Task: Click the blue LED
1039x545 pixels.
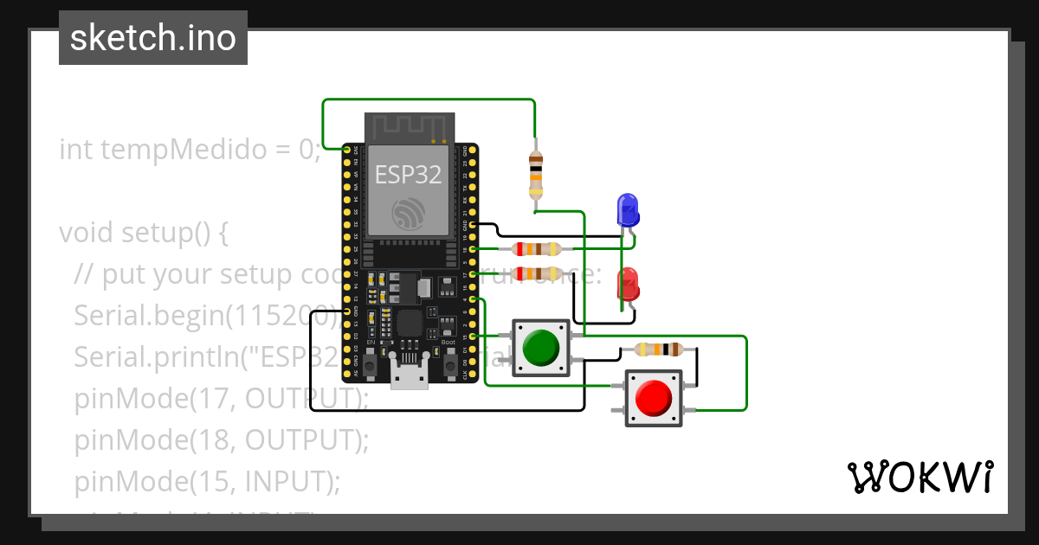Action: tap(627, 210)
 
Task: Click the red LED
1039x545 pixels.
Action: tap(627, 285)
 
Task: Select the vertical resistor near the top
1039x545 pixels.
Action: tap(536, 174)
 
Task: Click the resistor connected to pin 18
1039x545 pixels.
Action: tap(538, 249)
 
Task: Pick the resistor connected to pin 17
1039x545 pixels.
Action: tap(538, 273)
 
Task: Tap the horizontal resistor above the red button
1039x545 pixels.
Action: tap(659, 349)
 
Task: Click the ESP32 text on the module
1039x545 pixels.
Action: tap(408, 175)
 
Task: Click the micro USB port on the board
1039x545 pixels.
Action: tap(409, 377)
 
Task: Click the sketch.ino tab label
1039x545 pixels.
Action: tap(153, 38)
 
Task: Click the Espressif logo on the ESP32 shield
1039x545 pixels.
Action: tap(408, 212)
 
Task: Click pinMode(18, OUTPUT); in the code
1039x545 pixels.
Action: tap(222, 439)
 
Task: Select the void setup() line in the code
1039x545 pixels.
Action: tap(144, 234)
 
